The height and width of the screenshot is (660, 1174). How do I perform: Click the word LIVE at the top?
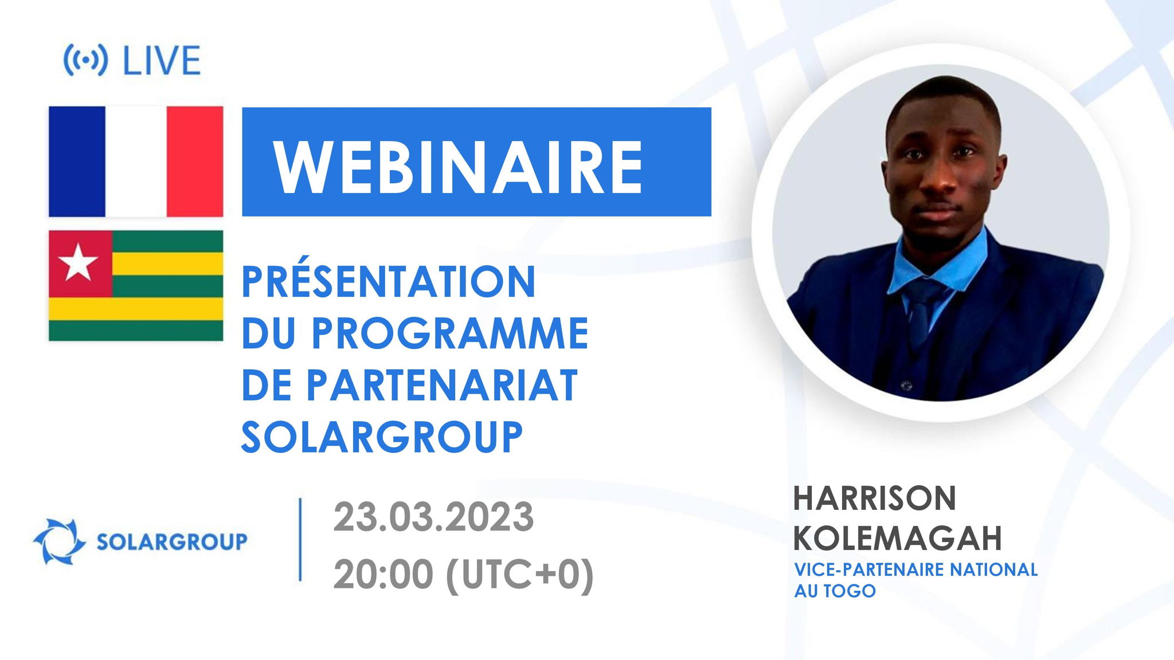(x=162, y=60)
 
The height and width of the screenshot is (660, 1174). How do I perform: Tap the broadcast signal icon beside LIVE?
(x=85, y=60)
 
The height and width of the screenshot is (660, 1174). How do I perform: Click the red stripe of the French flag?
(x=194, y=162)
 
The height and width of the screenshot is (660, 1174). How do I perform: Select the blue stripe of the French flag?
(x=77, y=162)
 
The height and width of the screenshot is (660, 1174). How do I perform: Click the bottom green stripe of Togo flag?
(x=136, y=331)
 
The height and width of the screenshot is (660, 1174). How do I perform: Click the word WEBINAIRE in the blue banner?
(x=459, y=167)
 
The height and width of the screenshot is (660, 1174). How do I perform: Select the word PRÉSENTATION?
(x=389, y=282)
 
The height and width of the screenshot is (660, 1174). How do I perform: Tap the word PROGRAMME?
(x=450, y=333)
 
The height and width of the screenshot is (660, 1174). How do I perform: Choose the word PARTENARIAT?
(x=441, y=385)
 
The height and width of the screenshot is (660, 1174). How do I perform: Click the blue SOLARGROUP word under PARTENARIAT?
(x=382, y=437)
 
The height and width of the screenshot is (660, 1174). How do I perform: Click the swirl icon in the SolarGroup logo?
(x=58, y=541)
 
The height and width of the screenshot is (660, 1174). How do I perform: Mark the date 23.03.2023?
(x=433, y=517)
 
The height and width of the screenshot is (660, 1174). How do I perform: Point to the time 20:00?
(x=383, y=575)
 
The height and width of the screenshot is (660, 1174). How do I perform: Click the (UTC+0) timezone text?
(x=519, y=575)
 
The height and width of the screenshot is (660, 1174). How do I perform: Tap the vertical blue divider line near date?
(x=300, y=540)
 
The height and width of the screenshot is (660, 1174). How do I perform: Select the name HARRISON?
(x=874, y=498)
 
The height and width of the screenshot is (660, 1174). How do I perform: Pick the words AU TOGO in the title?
(x=835, y=591)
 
